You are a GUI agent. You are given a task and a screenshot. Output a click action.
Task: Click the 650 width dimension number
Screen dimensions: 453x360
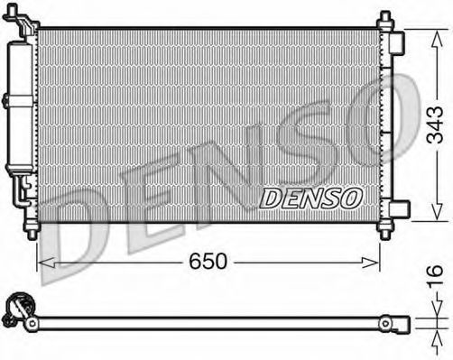[x=208, y=261]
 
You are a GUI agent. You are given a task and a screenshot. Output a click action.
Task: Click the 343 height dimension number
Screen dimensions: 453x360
[x=435, y=125]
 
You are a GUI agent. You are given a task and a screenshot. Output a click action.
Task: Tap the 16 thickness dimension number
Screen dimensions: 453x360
[x=435, y=274]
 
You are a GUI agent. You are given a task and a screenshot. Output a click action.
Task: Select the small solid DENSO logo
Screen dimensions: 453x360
[x=311, y=198]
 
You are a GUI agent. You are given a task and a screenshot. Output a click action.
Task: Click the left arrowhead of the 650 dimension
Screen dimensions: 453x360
[x=47, y=263]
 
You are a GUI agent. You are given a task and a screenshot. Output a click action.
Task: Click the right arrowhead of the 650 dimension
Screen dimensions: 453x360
[x=370, y=263]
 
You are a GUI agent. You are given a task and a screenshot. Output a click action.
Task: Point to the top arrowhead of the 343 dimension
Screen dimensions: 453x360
[x=437, y=39]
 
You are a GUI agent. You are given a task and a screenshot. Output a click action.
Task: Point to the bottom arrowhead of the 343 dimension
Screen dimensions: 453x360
[x=437, y=211]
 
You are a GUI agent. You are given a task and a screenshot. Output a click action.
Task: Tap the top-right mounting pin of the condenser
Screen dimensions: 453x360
[x=385, y=21]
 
